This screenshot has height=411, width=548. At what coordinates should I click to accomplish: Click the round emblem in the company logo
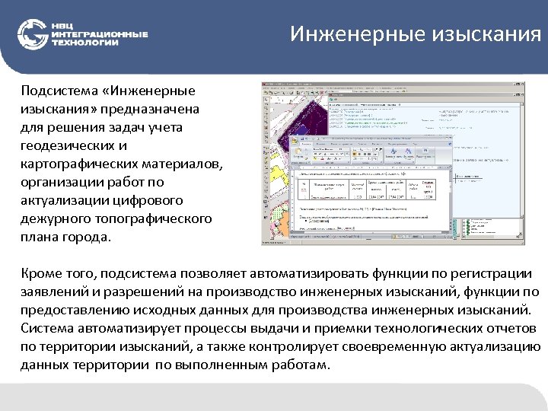pyautogui.click(x=33, y=34)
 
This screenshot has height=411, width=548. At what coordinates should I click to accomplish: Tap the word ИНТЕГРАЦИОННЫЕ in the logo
pyautogui.click(x=100, y=34)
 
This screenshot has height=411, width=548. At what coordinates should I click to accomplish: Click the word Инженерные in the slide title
pyautogui.click(x=342, y=35)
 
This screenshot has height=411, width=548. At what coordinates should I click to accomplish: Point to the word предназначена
pyautogui.click(x=155, y=109)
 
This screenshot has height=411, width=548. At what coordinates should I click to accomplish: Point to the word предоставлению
pyautogui.click(x=75, y=311)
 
